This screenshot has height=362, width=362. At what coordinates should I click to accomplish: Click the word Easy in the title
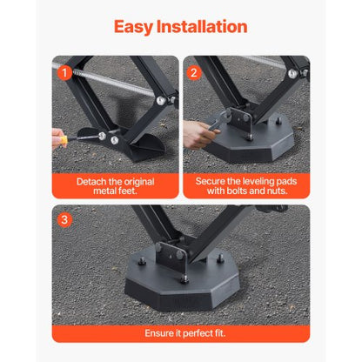(137, 26)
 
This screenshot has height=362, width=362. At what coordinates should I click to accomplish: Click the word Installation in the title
(204, 26)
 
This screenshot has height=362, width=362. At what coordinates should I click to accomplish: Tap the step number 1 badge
(64, 73)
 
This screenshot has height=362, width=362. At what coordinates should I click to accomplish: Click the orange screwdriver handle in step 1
(58, 137)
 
